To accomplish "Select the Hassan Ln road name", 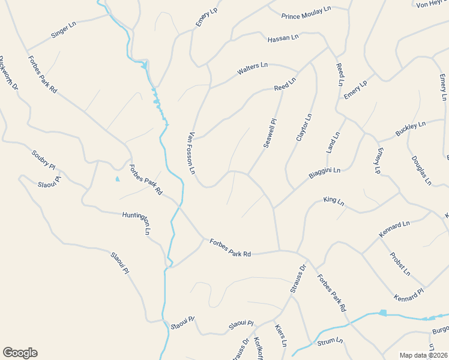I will coord(283,38).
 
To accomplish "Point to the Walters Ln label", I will coord(252,69).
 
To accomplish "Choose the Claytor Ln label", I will coord(305,128).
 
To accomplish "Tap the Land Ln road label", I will coord(333,143).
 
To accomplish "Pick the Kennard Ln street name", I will coord(394,229).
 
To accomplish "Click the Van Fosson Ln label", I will coord(193,153).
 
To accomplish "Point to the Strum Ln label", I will coord(330,341).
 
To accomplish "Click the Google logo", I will coord(20,353).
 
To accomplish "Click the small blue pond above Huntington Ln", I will coord(117,179).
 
